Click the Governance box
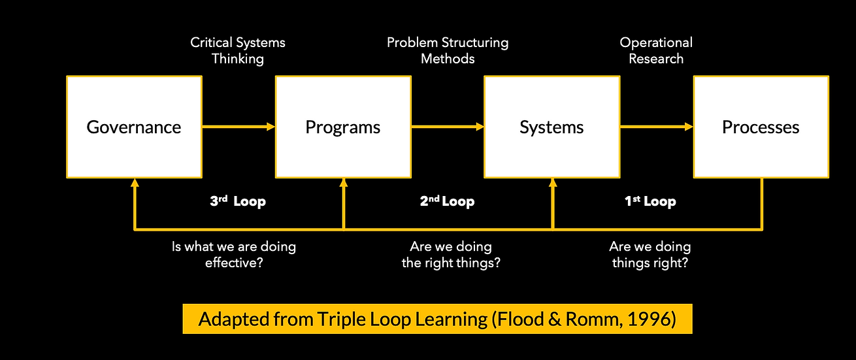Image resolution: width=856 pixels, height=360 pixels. [x=134, y=127]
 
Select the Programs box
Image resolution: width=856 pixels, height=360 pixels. [x=343, y=127]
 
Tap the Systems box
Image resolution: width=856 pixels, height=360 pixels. [x=551, y=127]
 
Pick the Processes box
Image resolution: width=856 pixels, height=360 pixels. [x=761, y=127]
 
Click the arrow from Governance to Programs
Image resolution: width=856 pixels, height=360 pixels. [x=239, y=127]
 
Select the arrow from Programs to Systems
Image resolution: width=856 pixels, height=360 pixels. [x=448, y=127]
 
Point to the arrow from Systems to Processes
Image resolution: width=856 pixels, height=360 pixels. [x=657, y=127]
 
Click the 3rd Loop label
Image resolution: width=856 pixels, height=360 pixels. [x=238, y=201]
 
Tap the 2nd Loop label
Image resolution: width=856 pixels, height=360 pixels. [x=447, y=201]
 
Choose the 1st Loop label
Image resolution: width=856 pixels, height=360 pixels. [x=650, y=201]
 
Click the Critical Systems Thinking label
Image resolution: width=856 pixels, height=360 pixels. [x=238, y=50]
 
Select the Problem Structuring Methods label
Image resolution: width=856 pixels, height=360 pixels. [x=448, y=50]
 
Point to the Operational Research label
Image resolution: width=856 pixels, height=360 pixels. [x=656, y=50]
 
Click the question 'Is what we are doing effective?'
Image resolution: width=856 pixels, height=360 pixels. [x=234, y=255]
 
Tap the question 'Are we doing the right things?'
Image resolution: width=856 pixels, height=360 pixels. [x=451, y=255]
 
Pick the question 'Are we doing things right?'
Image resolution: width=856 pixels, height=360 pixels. [x=650, y=255]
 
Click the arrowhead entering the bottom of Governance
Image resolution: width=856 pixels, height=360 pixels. [x=135, y=183]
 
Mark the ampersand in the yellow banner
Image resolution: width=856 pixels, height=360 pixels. [x=555, y=319]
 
